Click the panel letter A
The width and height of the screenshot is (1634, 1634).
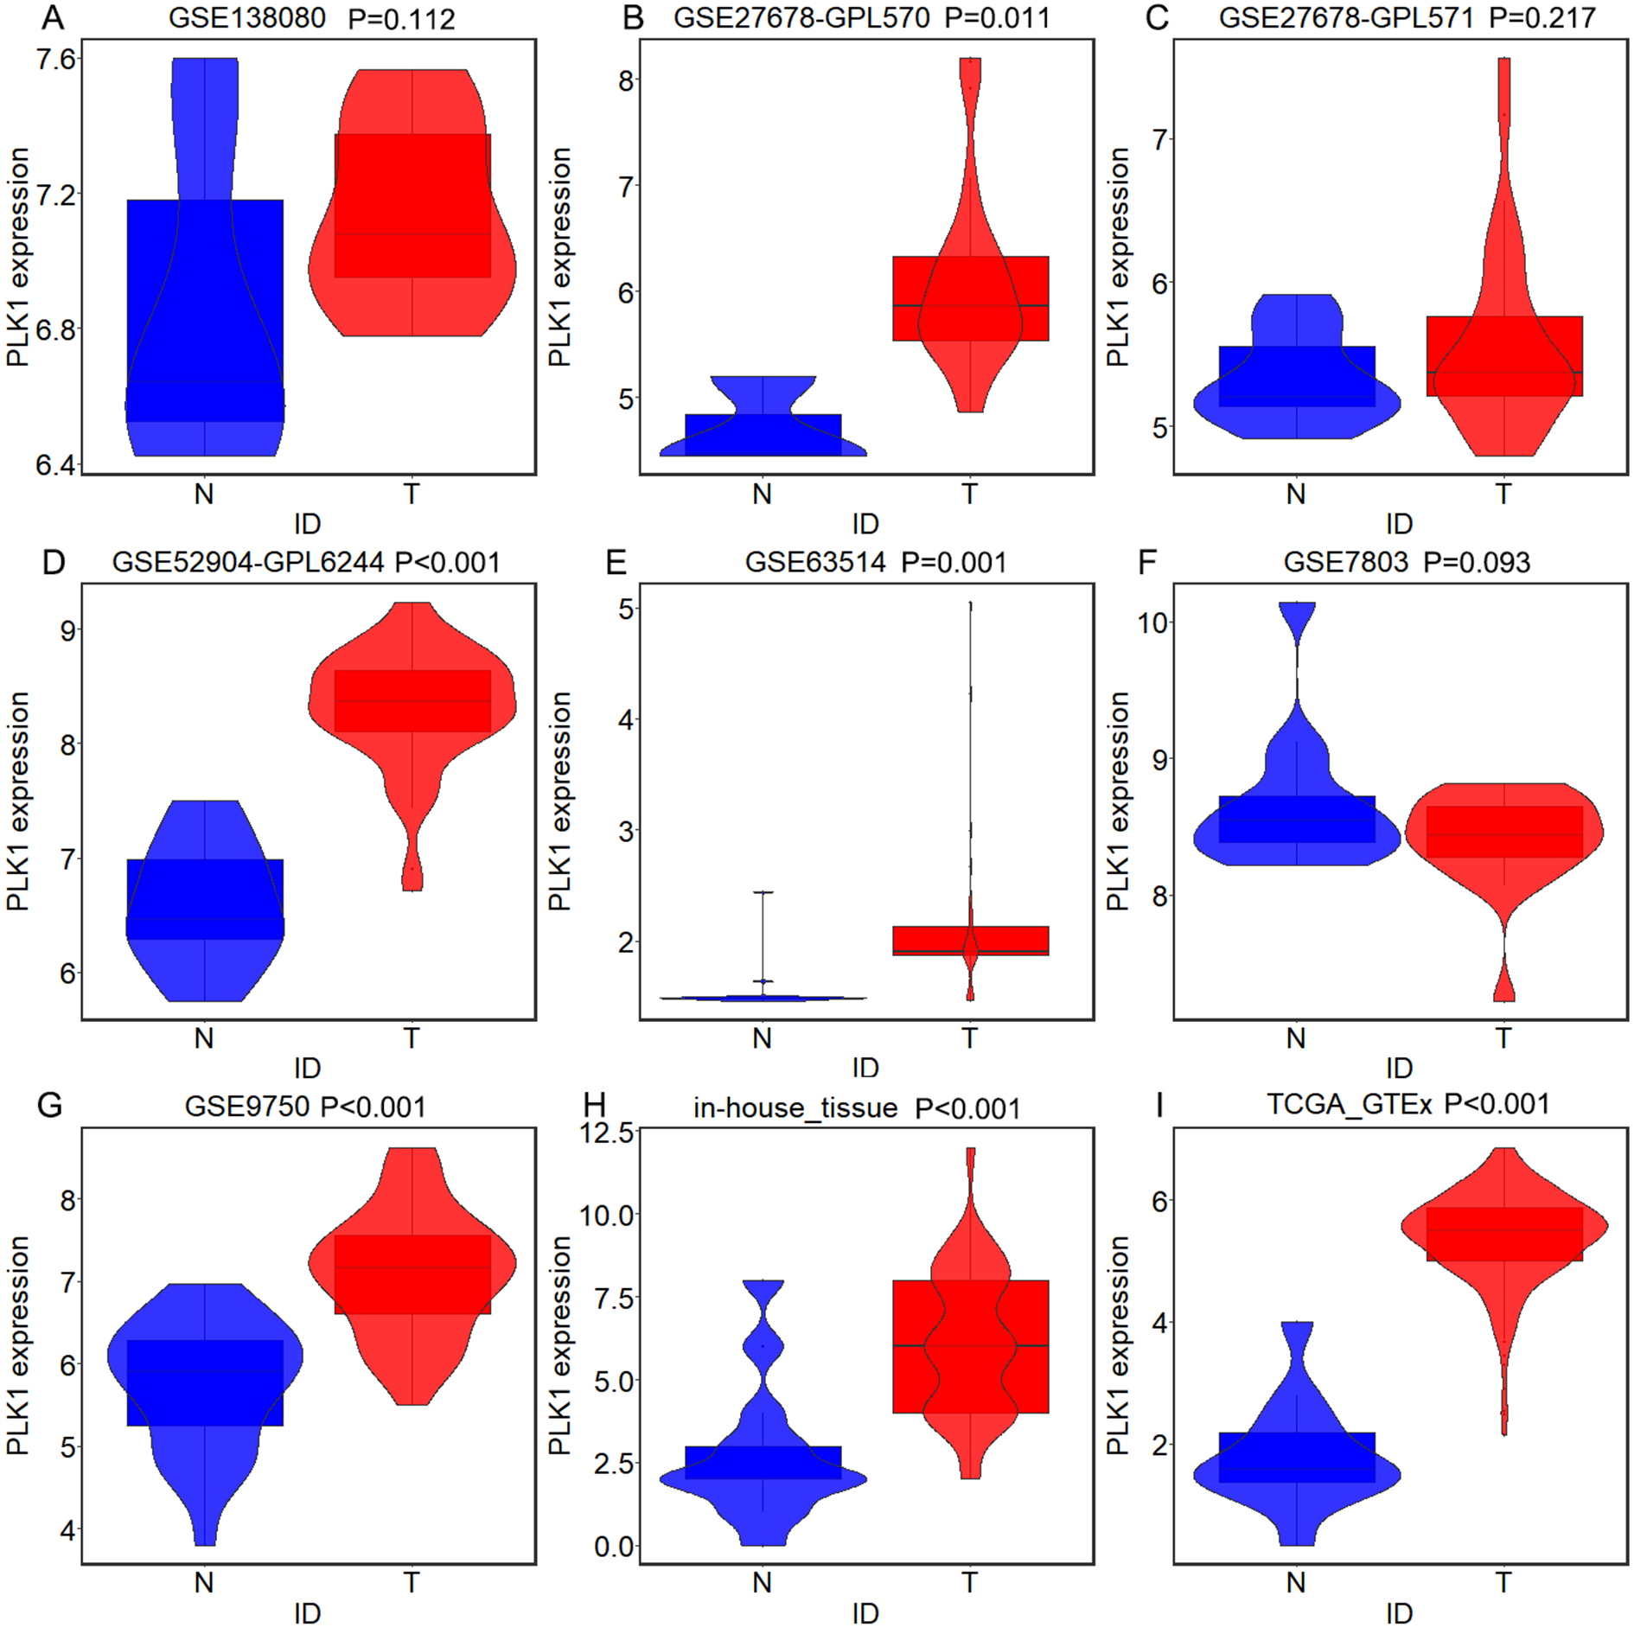coord(53,17)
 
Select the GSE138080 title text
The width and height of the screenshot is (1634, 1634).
coord(246,18)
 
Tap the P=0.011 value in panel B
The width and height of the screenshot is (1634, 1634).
coord(997,18)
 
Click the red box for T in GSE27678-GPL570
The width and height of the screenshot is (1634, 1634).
coord(970,298)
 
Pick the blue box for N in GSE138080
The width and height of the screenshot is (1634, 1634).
coord(205,310)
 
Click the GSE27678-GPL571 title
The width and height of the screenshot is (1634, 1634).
coord(1345,18)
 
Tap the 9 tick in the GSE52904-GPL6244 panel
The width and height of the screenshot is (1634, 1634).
coord(68,630)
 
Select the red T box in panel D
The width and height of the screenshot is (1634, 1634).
coord(412,701)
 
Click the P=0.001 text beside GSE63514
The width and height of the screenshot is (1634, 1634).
coord(954,563)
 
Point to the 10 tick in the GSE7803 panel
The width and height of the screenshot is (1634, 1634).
coord(1152,622)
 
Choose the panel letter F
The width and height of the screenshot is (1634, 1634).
coord(1146,563)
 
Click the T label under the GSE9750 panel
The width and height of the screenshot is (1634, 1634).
coord(412,1582)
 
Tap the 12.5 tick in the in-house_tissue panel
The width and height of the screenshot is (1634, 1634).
coord(607,1132)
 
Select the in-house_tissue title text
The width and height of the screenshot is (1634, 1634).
coord(795,1107)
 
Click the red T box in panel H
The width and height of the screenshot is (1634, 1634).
coord(970,1346)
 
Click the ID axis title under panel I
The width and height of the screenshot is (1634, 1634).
coord(1399,1613)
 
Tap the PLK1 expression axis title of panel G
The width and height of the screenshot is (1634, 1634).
coord(18,1345)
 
